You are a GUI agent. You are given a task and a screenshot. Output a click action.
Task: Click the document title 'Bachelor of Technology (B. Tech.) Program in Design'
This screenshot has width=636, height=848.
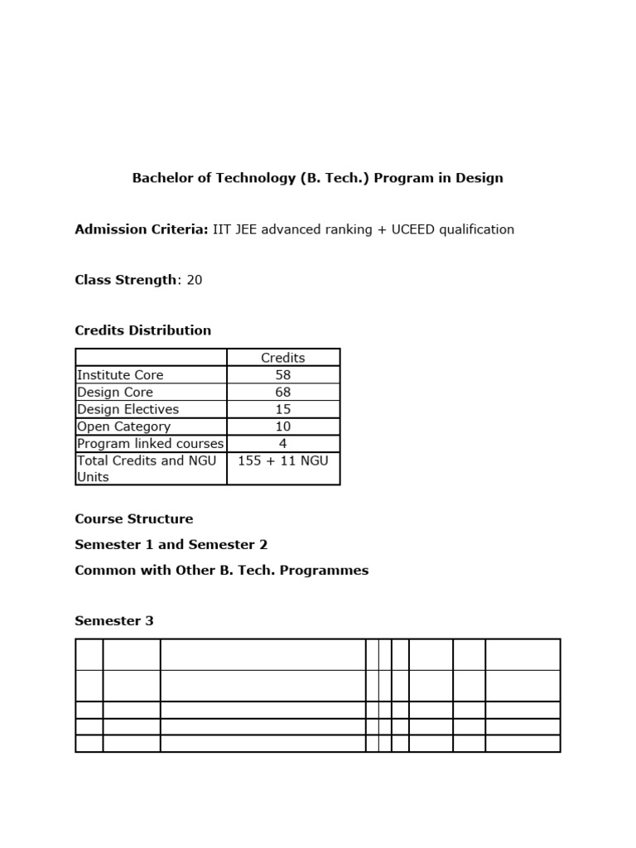pyautogui.click(x=317, y=178)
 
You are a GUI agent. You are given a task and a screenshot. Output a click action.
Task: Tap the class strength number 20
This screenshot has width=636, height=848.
pyautogui.click(x=195, y=280)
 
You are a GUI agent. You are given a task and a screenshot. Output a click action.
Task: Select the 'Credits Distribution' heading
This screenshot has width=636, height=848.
pyautogui.click(x=142, y=330)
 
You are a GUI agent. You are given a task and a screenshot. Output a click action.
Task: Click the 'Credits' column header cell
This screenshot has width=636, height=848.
pyautogui.click(x=283, y=358)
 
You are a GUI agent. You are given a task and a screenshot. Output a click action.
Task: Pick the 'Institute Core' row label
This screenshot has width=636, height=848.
pyautogui.click(x=120, y=375)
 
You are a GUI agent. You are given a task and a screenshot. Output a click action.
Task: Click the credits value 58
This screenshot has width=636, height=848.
pyautogui.click(x=283, y=375)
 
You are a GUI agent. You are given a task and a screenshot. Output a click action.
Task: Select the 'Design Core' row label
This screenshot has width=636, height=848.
pyautogui.click(x=115, y=393)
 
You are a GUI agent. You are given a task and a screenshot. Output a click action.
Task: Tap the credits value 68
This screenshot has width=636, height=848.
pyautogui.click(x=283, y=393)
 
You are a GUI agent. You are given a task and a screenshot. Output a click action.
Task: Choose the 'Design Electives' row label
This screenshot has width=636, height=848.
pyautogui.click(x=128, y=410)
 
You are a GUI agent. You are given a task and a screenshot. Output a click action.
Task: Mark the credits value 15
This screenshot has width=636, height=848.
pyautogui.click(x=283, y=410)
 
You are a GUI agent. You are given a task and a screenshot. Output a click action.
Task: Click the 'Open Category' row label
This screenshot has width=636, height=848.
pyautogui.click(x=123, y=426)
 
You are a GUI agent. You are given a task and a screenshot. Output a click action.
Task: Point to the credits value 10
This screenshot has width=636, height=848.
pyautogui.click(x=283, y=426)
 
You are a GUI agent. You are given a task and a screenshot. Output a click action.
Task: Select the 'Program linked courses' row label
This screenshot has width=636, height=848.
pyautogui.click(x=150, y=444)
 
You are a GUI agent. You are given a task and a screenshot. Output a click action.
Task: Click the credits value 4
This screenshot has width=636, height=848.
pyautogui.click(x=283, y=444)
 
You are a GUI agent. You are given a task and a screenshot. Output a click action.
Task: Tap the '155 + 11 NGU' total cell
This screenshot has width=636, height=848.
pyautogui.click(x=283, y=460)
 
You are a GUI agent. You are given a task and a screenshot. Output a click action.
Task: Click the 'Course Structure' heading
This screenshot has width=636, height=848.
pyautogui.click(x=133, y=519)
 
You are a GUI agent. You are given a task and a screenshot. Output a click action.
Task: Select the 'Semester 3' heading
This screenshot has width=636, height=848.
pyautogui.click(x=114, y=621)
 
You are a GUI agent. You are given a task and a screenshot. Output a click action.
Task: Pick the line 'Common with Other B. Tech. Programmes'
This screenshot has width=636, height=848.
pyautogui.click(x=221, y=571)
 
